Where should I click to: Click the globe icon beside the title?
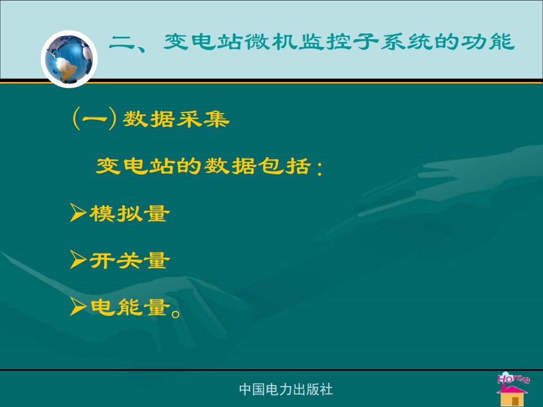click(69, 59)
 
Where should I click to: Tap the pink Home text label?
click(513, 378)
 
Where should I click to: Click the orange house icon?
click(512, 395)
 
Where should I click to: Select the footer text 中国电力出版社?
click(286, 389)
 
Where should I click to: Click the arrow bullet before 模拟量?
click(78, 212)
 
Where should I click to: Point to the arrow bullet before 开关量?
click(78, 259)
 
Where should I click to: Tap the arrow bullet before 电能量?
click(78, 306)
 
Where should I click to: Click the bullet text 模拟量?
click(130, 213)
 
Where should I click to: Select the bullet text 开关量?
click(130, 260)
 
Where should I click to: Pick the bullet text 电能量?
click(130, 307)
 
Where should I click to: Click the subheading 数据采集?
click(176, 119)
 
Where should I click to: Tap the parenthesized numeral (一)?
click(94, 119)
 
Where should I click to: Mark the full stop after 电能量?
click(176, 313)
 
